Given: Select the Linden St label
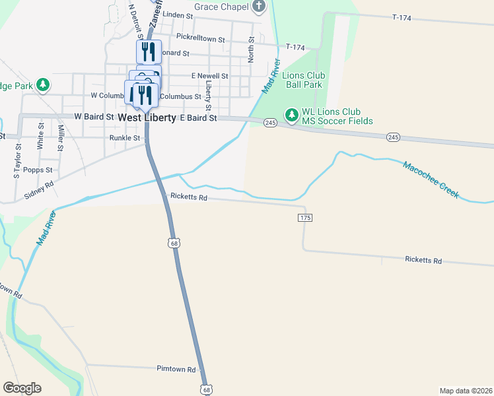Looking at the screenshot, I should point(177,15).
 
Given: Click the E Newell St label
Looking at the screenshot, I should point(209,76).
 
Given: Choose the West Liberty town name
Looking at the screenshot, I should point(147,117).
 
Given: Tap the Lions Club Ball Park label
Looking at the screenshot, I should point(302,80).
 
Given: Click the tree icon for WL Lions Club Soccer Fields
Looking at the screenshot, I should point(291,115).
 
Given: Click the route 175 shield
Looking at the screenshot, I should point(304,218).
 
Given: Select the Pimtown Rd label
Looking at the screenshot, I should point(176,369).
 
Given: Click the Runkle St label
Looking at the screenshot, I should point(125,139).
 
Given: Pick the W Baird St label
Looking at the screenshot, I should point(94,116).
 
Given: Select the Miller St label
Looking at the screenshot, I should point(60,138).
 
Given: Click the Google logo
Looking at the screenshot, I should point(22,388).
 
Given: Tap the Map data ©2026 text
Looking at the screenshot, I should point(466,390).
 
